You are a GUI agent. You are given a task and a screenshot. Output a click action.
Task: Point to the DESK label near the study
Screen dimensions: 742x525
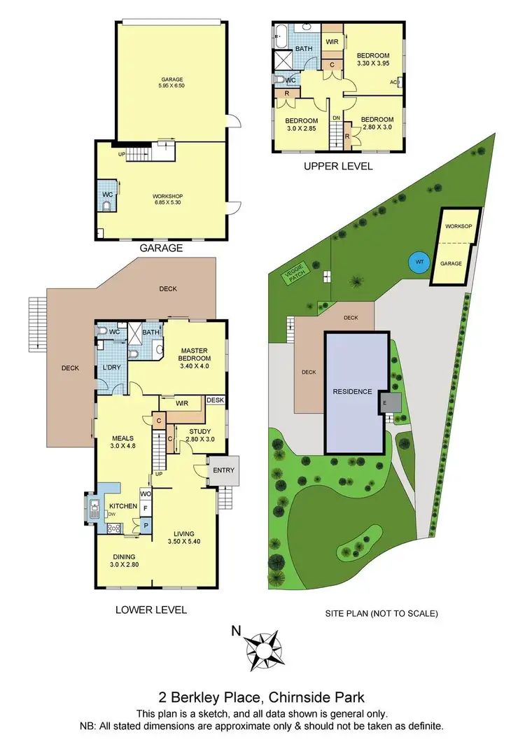tap(216, 400)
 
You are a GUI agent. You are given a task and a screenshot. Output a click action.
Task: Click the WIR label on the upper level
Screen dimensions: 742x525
tap(332, 41)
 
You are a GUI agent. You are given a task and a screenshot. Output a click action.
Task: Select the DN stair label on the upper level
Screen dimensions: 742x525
tap(336, 118)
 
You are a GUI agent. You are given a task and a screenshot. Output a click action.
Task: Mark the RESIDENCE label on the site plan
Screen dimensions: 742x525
tap(352, 391)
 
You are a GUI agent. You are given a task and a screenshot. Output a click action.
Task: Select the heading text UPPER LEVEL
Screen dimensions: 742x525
tap(337, 166)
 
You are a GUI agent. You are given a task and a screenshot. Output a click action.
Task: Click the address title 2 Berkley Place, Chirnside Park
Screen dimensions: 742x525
tap(262, 697)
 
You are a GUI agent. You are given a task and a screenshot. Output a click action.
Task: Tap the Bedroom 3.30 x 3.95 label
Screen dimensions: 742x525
tap(372, 59)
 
